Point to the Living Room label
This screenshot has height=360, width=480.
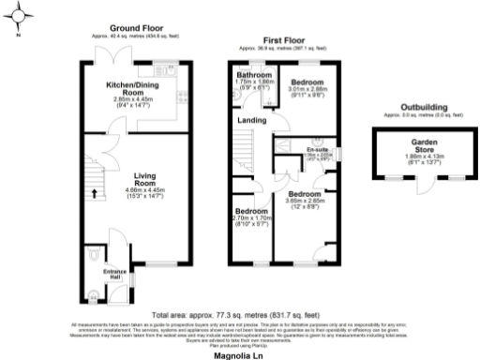[x=144, y=180]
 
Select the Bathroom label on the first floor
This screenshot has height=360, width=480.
[x=254, y=74]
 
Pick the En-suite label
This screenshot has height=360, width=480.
[x=317, y=149]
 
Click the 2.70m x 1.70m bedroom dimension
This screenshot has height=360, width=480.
[x=251, y=219]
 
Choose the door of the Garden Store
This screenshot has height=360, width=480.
[x=429, y=184]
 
